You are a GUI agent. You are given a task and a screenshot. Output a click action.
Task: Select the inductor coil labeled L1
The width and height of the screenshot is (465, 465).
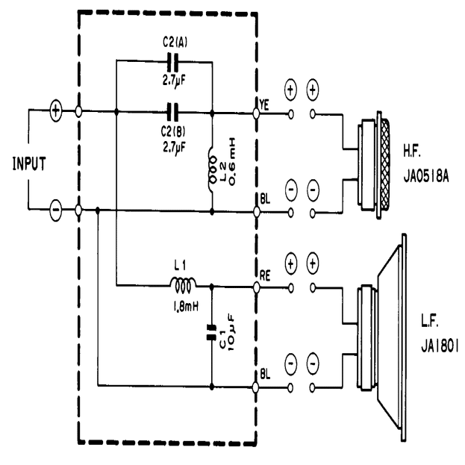181,284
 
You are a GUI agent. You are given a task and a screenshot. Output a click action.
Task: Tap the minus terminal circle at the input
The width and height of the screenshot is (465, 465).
56,211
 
